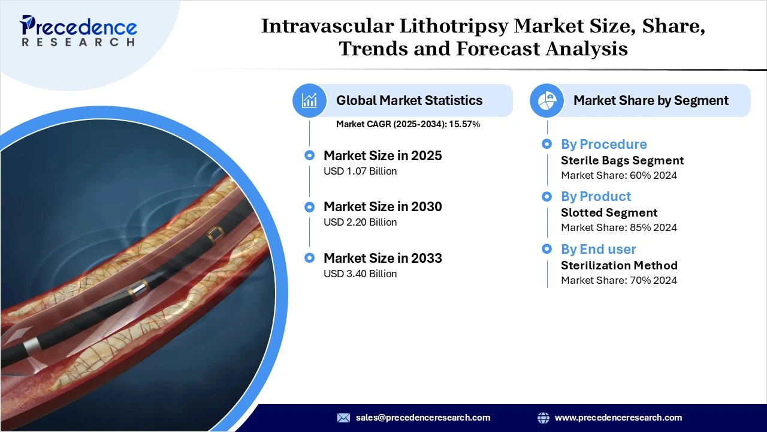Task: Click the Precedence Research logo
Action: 78,31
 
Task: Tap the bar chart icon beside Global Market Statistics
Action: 309,100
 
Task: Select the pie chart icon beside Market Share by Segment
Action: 546,100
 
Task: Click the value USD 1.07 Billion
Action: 360,172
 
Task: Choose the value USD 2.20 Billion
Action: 360,223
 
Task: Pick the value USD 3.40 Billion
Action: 360,274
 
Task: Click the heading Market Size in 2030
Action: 382,207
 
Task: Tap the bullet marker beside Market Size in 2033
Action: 309,258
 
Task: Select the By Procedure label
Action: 603,145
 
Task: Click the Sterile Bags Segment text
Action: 622,161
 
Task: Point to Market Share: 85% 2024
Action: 618,228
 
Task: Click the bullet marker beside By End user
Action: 546,249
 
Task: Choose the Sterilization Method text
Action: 619,265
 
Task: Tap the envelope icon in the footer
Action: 343,418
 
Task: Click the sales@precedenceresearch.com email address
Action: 422,418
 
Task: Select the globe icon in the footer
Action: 543,418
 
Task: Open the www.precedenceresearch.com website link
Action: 618,418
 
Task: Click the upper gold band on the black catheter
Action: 214,232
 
